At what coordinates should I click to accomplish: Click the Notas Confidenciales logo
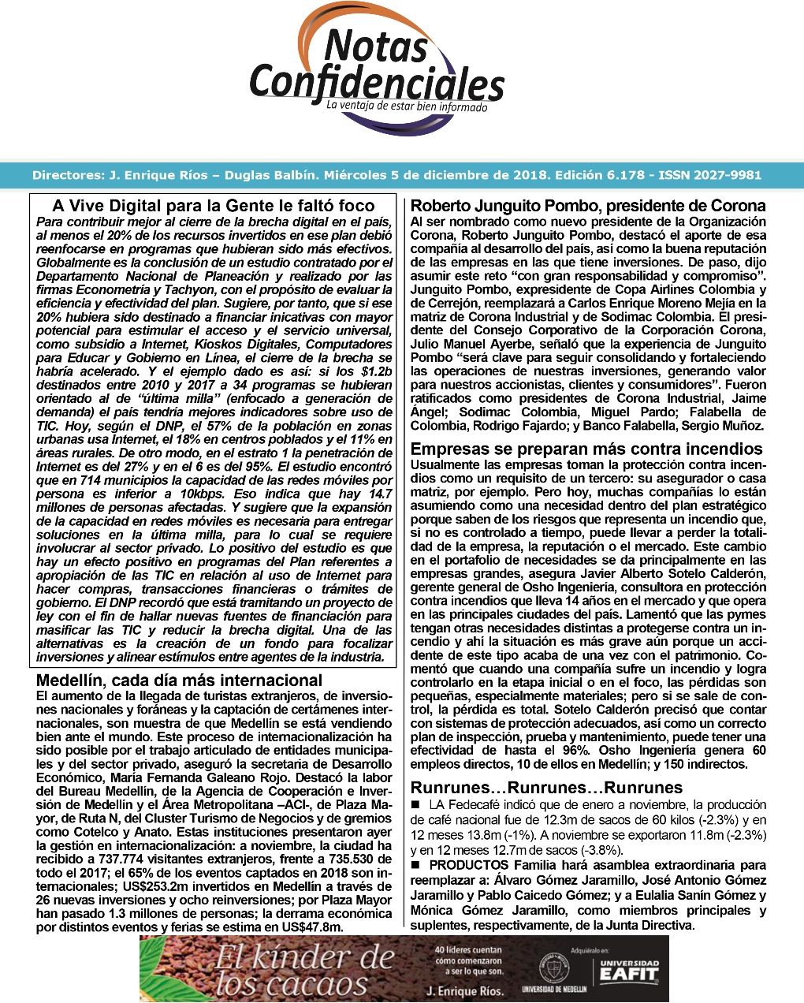pyautogui.click(x=377, y=63)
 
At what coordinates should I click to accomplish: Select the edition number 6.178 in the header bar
pyautogui.click(x=622, y=175)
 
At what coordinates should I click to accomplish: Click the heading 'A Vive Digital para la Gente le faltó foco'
pyautogui.click(x=214, y=206)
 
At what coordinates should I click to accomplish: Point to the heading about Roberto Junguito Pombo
pyautogui.click(x=588, y=207)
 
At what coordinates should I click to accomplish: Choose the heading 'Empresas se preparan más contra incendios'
pyautogui.click(x=586, y=449)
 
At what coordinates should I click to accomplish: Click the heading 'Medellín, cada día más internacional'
pyautogui.click(x=179, y=680)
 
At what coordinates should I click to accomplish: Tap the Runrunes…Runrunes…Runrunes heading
pyautogui.click(x=546, y=787)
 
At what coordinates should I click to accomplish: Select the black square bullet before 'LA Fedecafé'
pyautogui.click(x=415, y=805)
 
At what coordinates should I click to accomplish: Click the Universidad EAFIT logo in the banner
pyautogui.click(x=628, y=972)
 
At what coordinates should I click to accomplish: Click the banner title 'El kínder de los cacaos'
pyautogui.click(x=303, y=971)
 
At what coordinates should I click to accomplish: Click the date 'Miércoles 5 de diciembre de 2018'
pyautogui.click(x=432, y=175)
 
